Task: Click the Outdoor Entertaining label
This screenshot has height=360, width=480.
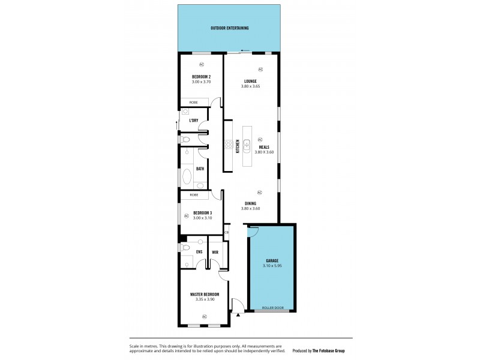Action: [230, 28]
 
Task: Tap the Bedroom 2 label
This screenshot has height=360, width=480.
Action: [201, 77]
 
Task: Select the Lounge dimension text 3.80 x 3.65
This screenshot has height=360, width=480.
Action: [251, 86]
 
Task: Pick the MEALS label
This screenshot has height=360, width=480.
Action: [264, 147]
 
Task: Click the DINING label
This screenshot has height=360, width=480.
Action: [250, 203]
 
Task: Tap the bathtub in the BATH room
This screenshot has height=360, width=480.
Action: [187, 176]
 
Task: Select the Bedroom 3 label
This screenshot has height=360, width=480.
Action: [202, 212]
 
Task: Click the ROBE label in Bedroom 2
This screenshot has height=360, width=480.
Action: [194, 103]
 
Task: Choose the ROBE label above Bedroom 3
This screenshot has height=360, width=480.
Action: [194, 195]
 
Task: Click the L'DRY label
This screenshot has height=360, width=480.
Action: [194, 121]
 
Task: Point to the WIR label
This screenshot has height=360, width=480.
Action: [215, 252]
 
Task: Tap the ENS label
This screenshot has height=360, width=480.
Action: [199, 252]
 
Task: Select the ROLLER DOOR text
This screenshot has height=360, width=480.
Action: [274, 308]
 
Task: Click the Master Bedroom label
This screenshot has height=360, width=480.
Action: [204, 294]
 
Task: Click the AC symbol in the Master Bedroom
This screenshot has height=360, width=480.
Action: [204, 316]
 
